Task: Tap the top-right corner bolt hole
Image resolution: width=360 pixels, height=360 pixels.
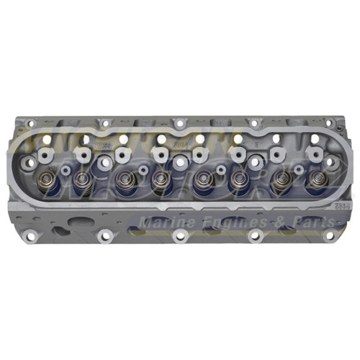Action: (x=327, y=124)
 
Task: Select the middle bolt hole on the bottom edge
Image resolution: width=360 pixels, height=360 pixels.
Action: (x=180, y=236)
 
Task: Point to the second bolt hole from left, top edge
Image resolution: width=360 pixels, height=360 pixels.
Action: (x=106, y=123)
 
